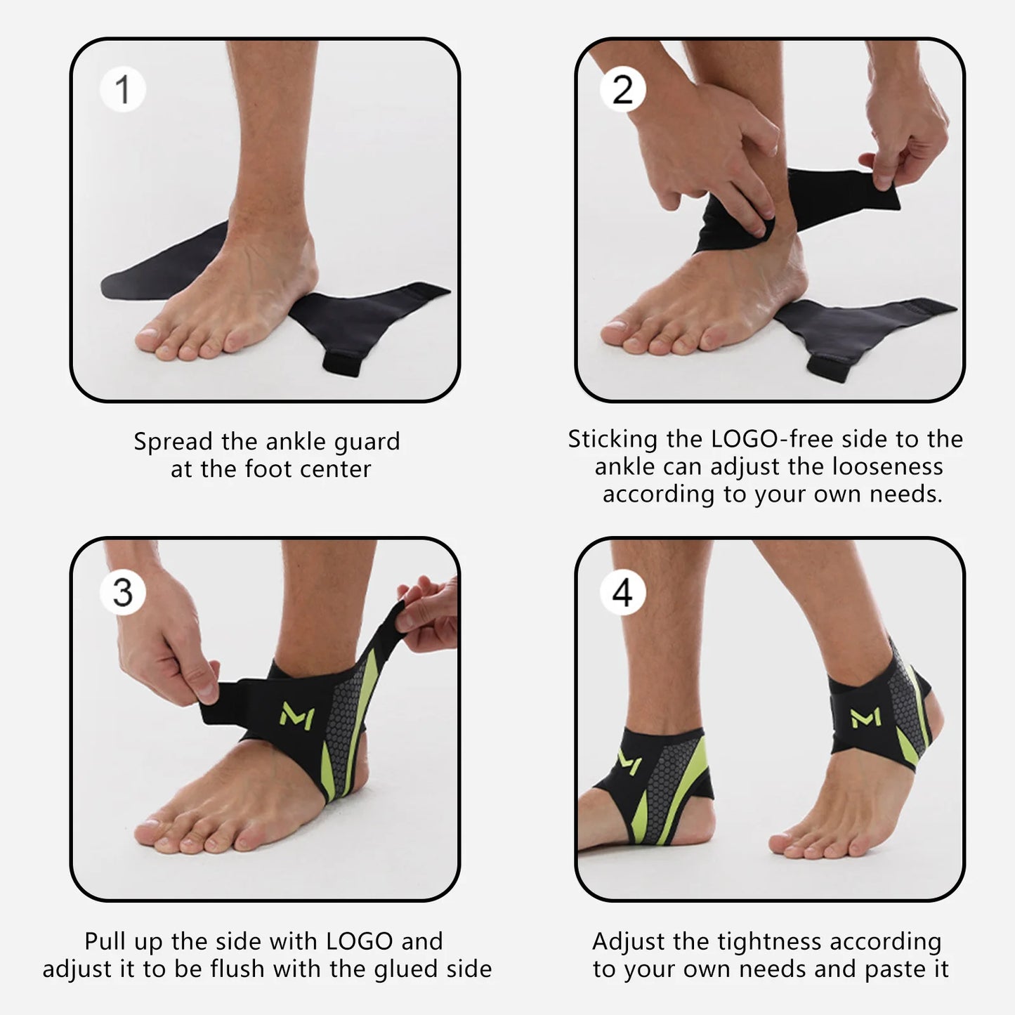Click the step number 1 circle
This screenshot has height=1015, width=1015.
[122, 90]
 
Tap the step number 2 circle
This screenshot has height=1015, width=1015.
[622, 90]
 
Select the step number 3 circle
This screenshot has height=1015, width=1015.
[122, 592]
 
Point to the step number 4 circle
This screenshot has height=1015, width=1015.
[622, 592]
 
